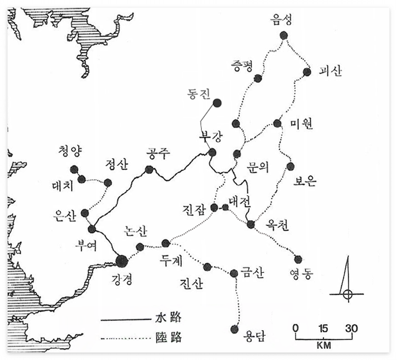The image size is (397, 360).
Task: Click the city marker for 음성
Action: tap(284, 35)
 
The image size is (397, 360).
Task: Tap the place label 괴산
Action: tap(330, 71)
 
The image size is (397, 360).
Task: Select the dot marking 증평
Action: tap(258, 78)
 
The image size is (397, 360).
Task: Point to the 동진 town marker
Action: tap(217, 103)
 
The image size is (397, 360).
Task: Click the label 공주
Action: tap(159, 154)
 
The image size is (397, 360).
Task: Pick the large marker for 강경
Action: tap(121, 260)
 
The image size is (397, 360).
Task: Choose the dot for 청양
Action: tap(74, 169)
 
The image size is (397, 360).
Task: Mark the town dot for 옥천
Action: tap(251, 224)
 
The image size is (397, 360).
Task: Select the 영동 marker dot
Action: tap(298, 259)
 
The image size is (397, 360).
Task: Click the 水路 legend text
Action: tap(169, 317)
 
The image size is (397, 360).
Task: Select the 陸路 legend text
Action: tap(169, 338)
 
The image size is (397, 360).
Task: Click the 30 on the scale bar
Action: tap(352, 328)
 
